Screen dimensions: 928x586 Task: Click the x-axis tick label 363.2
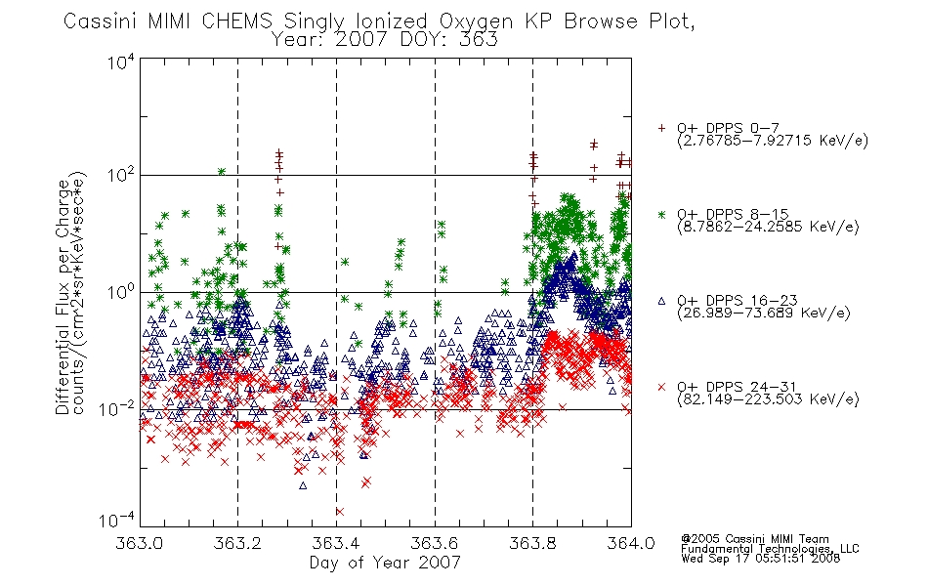point(237,543)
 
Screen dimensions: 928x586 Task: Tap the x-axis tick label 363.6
point(435,543)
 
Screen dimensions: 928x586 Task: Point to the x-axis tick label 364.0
point(631,543)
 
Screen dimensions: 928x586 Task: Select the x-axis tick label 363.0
point(140,543)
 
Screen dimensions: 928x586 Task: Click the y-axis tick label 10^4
point(120,63)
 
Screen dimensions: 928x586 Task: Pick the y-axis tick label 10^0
point(120,292)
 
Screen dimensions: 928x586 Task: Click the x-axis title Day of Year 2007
point(385,563)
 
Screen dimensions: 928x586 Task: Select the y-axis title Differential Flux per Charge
point(63,297)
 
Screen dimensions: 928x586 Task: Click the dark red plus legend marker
point(661,128)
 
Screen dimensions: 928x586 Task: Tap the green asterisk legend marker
point(661,214)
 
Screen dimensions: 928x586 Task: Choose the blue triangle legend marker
point(661,301)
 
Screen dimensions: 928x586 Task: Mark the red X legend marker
point(661,387)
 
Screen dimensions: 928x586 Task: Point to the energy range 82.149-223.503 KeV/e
point(768,399)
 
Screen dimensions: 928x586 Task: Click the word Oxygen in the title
point(477,21)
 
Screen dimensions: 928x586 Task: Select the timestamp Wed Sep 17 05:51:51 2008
point(761,559)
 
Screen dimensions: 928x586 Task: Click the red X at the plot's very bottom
point(339,512)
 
